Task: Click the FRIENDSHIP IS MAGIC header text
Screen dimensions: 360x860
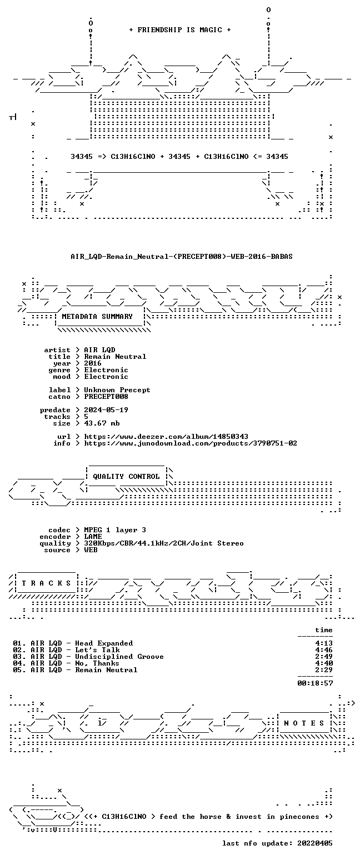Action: (180, 30)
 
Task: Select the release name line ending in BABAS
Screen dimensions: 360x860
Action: (182, 257)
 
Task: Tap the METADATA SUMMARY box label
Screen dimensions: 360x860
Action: (97, 316)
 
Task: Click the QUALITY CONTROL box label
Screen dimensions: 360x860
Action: (126, 477)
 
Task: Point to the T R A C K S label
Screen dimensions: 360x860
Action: (47, 583)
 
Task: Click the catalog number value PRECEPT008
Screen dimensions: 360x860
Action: (106, 397)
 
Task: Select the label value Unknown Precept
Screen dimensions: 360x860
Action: (117, 390)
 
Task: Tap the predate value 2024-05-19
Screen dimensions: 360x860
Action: (106, 410)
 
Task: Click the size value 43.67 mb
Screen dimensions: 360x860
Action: (102, 423)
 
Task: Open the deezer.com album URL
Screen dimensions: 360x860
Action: (166, 437)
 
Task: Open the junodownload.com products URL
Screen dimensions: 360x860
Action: (191, 443)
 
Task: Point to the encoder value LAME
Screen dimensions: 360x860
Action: (93, 537)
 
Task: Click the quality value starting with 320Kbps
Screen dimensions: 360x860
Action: (164, 543)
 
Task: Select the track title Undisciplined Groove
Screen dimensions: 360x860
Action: (119, 657)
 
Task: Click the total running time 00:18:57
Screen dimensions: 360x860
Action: (315, 683)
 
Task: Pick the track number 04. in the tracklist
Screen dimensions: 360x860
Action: (19, 663)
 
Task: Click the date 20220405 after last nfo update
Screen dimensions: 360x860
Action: (314, 843)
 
